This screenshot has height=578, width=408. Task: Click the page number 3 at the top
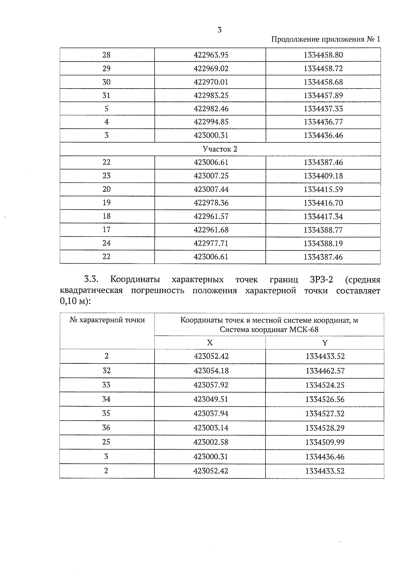click(x=219, y=30)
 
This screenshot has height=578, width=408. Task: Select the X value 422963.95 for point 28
click(x=211, y=55)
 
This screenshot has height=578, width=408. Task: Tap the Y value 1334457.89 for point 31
click(x=323, y=95)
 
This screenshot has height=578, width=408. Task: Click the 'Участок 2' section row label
click(x=220, y=149)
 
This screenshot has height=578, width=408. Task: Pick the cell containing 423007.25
click(x=211, y=176)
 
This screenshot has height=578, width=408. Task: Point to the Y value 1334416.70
click(x=323, y=203)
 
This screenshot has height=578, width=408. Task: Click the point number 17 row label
click(x=106, y=230)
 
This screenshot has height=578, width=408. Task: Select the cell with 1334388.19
click(x=323, y=244)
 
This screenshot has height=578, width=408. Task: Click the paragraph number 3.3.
click(x=91, y=280)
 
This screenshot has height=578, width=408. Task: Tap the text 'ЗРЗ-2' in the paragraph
click(x=321, y=280)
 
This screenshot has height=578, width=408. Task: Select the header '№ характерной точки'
click(x=107, y=320)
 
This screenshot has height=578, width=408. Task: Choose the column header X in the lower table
click(x=210, y=343)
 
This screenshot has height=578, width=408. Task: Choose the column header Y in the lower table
click(x=325, y=343)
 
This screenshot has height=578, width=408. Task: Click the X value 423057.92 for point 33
click(x=211, y=385)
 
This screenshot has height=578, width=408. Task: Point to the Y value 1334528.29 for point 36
click(x=325, y=428)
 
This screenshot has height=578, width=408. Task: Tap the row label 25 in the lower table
click(x=106, y=442)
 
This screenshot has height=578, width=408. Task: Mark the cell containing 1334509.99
click(x=325, y=442)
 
